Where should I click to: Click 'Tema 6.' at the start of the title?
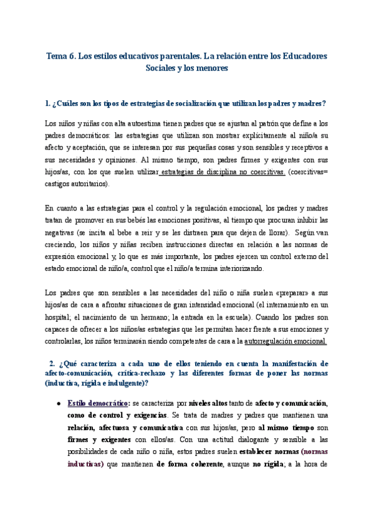pos(60,56)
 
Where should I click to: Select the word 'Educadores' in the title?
pos(301,56)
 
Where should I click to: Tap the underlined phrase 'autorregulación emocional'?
pos(285,341)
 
